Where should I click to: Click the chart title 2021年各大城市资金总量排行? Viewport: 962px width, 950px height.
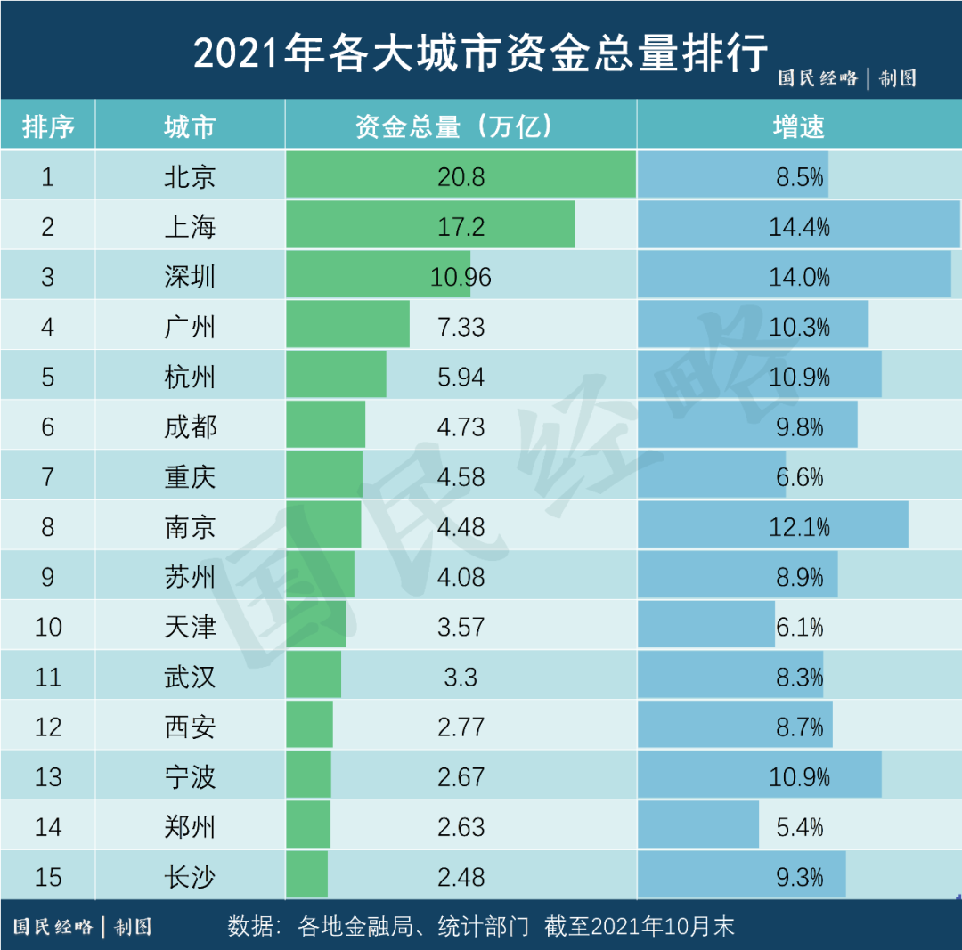(480, 53)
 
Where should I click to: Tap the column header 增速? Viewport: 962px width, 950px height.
(798, 126)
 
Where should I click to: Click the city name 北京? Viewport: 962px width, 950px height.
(190, 176)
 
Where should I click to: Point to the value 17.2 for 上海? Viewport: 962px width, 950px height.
(461, 227)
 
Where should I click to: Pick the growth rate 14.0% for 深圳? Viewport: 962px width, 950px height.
(799, 277)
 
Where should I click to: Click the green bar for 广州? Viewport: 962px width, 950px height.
(347, 326)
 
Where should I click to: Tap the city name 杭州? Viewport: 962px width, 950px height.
(190, 377)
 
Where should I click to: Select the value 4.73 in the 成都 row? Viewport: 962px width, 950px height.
(461, 426)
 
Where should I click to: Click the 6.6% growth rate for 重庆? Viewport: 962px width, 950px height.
(799, 477)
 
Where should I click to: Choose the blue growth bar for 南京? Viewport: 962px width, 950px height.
(772, 526)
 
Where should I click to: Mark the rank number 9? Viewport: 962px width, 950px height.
(47, 577)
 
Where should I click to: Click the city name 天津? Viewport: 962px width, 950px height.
(190, 627)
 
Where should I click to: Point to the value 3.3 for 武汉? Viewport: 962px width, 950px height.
(461, 677)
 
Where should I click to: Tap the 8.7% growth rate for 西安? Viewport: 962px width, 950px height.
(799, 727)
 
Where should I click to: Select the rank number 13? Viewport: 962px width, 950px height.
(47, 777)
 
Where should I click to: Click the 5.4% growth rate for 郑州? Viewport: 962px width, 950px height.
(799, 827)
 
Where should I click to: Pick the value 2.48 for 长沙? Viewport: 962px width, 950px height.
(461, 877)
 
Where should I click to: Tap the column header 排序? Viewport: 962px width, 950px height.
(47, 126)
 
